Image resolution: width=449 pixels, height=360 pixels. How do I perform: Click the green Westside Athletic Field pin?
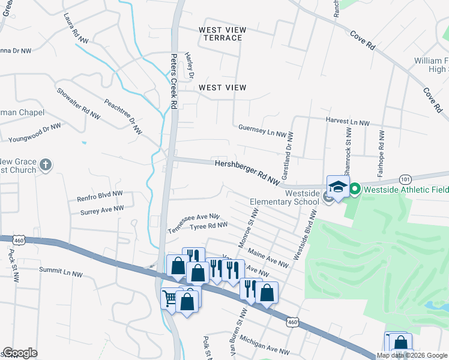pyautogui.click(x=355, y=190)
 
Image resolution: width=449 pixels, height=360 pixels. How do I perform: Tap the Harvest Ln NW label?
pyautogui.click(x=347, y=121)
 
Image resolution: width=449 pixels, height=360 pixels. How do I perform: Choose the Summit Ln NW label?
pyautogui.click(x=61, y=271)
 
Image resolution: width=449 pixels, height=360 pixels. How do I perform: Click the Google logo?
pyautogui.click(x=20, y=353)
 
